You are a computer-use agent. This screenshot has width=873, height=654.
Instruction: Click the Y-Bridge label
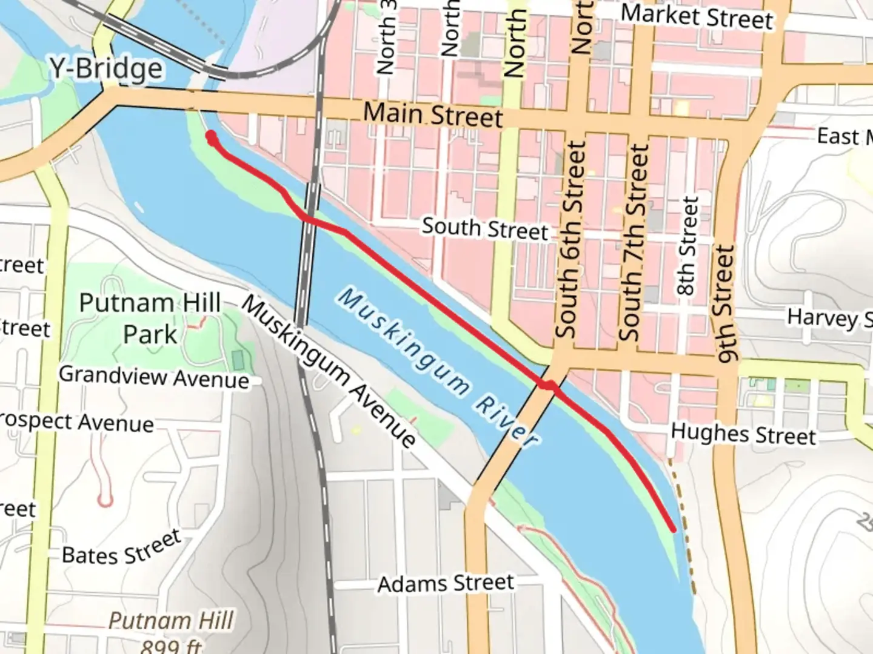(106, 68)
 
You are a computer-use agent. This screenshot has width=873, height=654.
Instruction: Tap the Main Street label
(433, 114)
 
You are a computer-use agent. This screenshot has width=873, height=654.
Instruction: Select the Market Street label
(697, 16)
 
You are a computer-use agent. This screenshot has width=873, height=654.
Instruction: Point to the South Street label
(484, 229)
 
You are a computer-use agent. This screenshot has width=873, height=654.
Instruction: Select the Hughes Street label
(743, 434)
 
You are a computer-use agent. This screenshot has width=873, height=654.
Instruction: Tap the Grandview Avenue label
(154, 377)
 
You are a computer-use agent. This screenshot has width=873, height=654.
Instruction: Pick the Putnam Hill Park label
(150, 319)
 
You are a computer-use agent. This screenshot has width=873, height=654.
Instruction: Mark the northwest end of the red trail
(211, 136)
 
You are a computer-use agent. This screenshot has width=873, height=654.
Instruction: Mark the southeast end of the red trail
(674, 529)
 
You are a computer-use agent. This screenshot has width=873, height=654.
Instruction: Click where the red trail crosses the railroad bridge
(309, 219)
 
